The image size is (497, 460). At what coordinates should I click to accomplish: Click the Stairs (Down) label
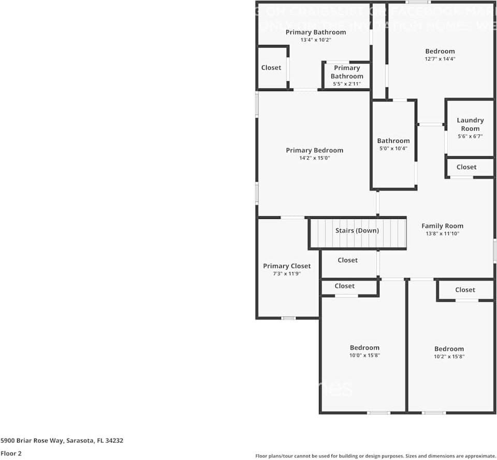click(357, 231)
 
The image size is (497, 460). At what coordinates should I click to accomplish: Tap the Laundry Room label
click(470, 124)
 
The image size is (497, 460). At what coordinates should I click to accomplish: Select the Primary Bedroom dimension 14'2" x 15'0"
click(314, 158)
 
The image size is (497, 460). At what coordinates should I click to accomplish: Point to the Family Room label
click(442, 226)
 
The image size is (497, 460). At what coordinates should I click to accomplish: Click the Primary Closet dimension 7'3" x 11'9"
click(286, 274)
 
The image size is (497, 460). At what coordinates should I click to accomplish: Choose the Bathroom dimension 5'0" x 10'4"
click(393, 149)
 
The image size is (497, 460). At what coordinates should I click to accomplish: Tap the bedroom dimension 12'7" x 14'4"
click(440, 59)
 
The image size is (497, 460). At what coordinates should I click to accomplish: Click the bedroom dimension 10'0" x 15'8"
click(364, 355)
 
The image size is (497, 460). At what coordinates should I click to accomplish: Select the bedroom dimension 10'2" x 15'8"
click(449, 357)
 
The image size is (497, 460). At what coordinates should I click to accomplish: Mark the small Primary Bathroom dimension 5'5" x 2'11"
click(346, 84)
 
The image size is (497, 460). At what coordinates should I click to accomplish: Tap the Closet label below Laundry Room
click(466, 167)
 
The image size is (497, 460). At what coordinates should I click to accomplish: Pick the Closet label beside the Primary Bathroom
click(271, 68)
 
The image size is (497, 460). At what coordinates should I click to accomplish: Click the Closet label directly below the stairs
click(347, 260)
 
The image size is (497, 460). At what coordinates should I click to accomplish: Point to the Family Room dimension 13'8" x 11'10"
click(442, 234)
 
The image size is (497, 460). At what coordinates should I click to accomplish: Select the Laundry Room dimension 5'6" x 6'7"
click(470, 137)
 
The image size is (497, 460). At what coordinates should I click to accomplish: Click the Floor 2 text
click(11, 453)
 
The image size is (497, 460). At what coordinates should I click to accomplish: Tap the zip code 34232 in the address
click(114, 441)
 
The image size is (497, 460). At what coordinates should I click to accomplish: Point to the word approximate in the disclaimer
click(478, 456)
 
